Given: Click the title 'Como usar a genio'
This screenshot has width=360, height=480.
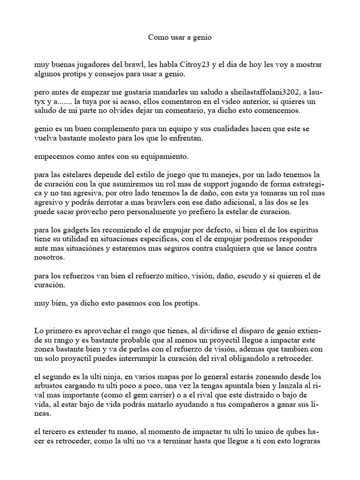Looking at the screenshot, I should (x=180, y=37).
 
